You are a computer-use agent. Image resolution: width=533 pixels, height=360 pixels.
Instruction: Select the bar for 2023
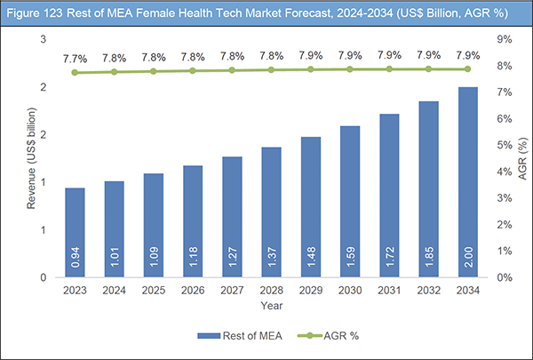coord(76,233)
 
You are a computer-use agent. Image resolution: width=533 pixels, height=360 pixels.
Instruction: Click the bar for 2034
coord(466,182)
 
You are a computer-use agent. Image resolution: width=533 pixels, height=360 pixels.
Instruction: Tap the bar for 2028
coord(271,212)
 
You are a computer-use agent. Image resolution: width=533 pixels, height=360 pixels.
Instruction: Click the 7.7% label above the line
coord(76,57)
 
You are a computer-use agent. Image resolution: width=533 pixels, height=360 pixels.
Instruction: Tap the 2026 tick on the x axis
coord(193,290)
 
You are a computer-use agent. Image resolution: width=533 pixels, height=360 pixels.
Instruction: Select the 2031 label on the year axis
coord(388,290)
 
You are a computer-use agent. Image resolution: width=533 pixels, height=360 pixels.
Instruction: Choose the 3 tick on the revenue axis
coord(42,39)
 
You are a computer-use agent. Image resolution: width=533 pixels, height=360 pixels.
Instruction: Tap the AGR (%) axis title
coord(521,160)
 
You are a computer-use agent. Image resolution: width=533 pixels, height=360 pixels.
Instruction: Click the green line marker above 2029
coord(310,68)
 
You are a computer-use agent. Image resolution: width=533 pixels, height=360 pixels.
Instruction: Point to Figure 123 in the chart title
coord(36,12)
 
